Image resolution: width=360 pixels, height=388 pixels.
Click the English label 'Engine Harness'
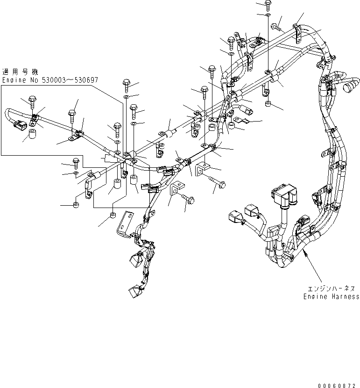point(332,296)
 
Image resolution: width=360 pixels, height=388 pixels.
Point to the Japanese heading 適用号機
point(21,72)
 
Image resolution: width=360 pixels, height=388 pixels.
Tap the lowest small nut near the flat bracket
point(112,216)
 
